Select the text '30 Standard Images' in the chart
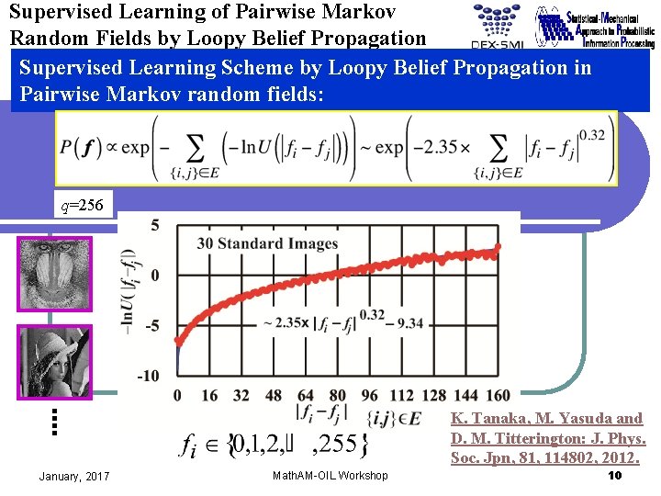267,243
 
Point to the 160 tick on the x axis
496,396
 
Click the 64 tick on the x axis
305,396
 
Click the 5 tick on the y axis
155,225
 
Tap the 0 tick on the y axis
155,276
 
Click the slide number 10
615,475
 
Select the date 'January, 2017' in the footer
74,476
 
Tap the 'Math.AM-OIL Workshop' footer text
330,476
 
